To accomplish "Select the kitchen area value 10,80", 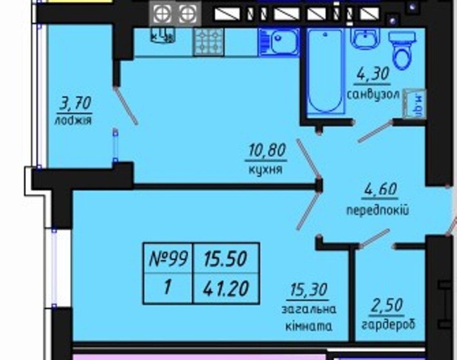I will [x=265, y=152].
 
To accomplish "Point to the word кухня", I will [x=265, y=169].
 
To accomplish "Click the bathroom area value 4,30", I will [x=373, y=75].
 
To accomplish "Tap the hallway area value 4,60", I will [x=379, y=191].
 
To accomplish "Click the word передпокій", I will [x=378, y=210].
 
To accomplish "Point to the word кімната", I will [x=310, y=326].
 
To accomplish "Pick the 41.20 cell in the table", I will [x=226, y=287].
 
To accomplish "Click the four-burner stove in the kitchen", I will [x=209, y=42].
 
